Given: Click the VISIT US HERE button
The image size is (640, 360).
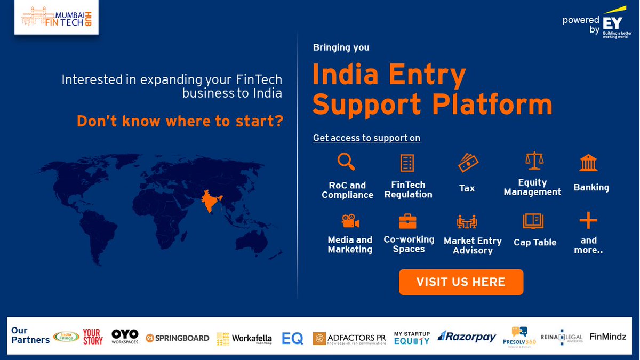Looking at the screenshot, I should pyautogui.click(x=461, y=282).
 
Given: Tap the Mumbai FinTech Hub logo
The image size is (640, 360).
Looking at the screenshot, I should pyautogui.click(x=56, y=18).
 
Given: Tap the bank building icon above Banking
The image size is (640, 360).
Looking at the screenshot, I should pyautogui.click(x=588, y=162).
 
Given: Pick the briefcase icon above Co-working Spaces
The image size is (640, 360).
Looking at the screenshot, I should pyautogui.click(x=407, y=221).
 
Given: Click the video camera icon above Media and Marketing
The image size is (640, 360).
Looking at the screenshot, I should pyautogui.click(x=350, y=221).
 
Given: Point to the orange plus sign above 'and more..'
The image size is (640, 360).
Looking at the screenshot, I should pyautogui.click(x=588, y=220).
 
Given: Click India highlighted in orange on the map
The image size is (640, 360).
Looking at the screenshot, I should pyautogui.click(x=210, y=202).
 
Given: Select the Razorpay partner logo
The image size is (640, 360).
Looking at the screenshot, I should pyautogui.click(x=467, y=337).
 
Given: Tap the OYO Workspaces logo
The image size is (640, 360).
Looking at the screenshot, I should pyautogui.click(x=125, y=336).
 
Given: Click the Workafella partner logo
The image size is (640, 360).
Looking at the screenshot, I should pyautogui.click(x=244, y=338).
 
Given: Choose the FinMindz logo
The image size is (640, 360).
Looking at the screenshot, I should pyautogui.click(x=607, y=337).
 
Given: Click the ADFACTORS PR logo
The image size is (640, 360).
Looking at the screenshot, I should pyautogui.click(x=349, y=338).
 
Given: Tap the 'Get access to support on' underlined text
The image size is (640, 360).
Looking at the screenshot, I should pyautogui.click(x=366, y=138).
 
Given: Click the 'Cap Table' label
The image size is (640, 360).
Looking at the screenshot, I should pyautogui.click(x=535, y=242).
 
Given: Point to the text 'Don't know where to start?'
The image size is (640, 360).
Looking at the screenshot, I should pyautogui.click(x=180, y=121).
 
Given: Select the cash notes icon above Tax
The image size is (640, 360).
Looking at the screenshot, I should pyautogui.click(x=468, y=162).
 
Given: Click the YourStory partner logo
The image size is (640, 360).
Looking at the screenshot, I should pyautogui.click(x=93, y=337).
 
